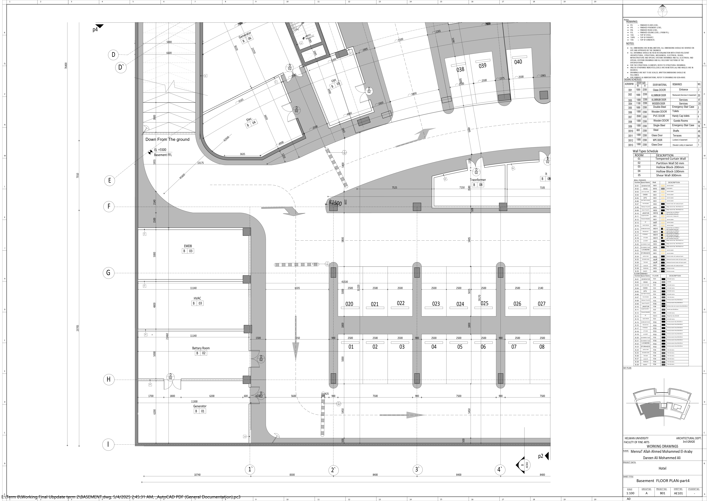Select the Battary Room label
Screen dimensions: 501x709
tap(201, 348)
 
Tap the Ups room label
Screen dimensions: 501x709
tap(334, 80)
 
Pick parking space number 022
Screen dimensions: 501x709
tap(400, 303)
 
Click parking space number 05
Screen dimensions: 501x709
tap(460, 347)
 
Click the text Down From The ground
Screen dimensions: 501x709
tap(167, 139)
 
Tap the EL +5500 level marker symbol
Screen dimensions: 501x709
tap(150, 152)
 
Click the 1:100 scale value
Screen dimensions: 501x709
tap(630, 493)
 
